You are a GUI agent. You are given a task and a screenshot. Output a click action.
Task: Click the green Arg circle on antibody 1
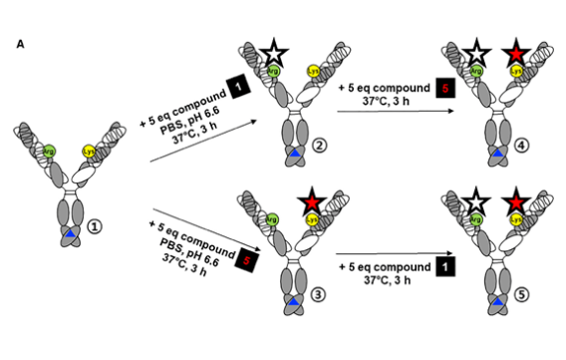point(48,152)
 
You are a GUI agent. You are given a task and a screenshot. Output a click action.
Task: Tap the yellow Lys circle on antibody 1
point(89,152)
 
